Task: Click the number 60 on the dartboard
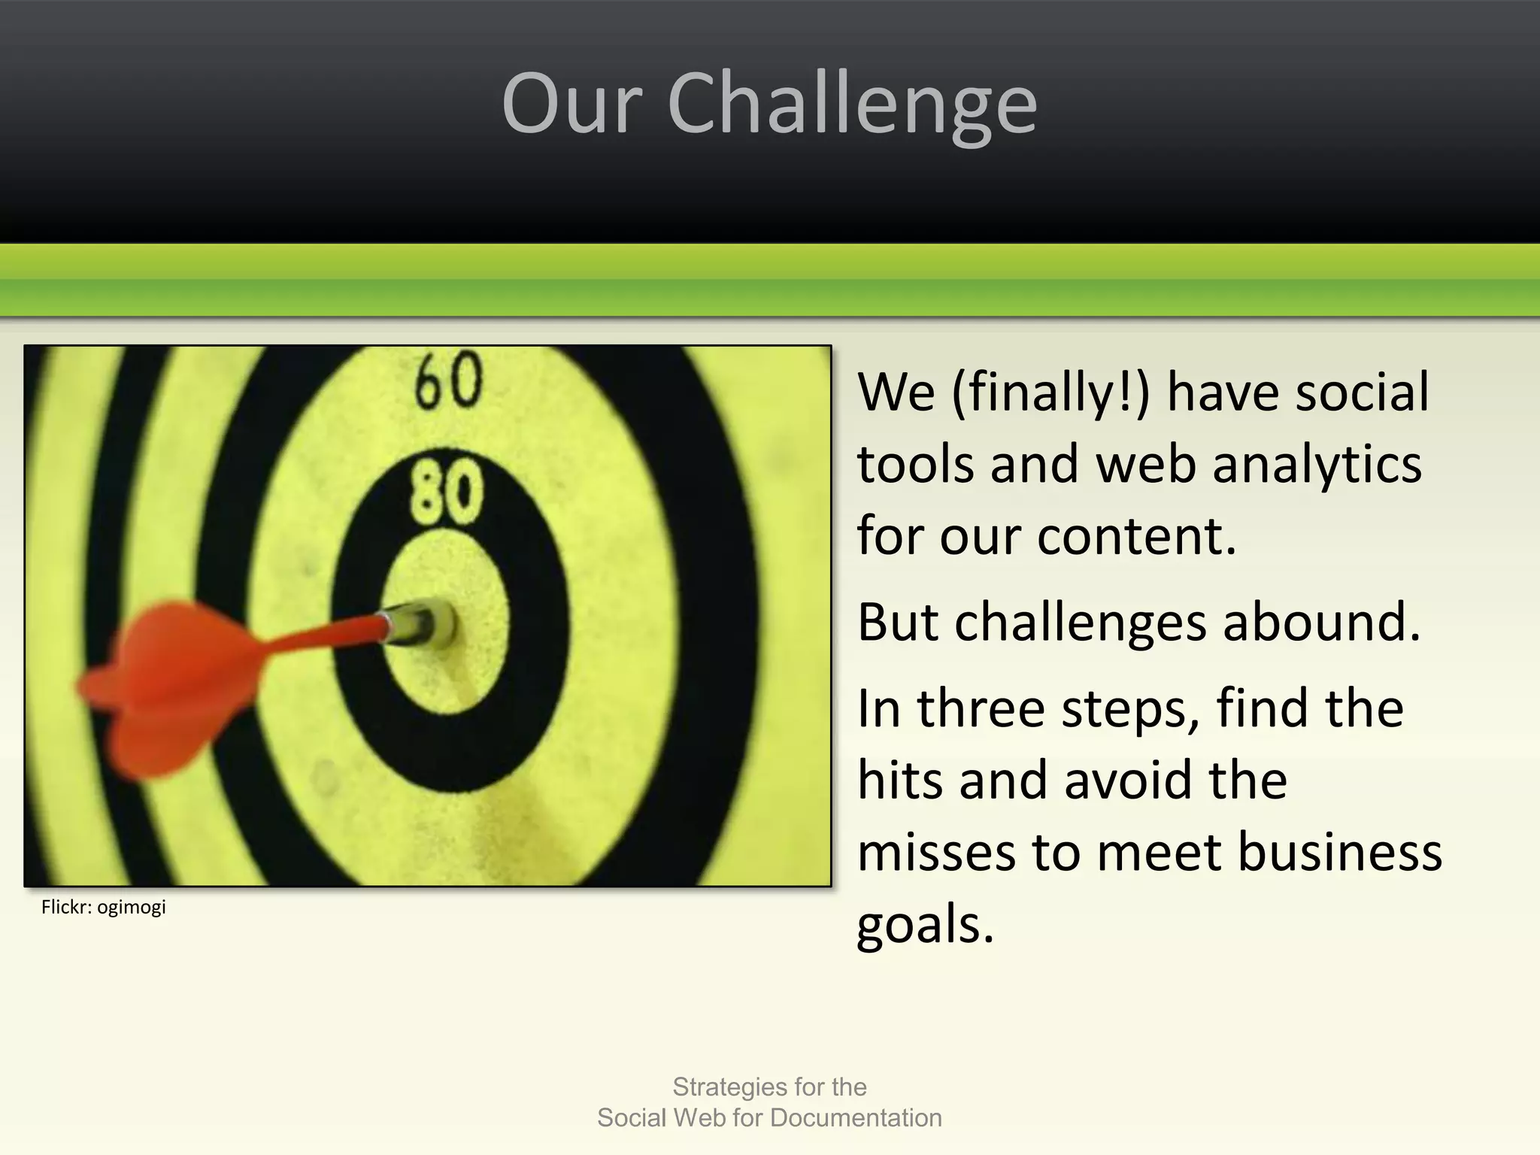pos(449,381)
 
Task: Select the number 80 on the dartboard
pos(446,493)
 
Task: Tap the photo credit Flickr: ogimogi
pos(104,907)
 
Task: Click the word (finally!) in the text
pos(1050,393)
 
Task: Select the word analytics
pos(1317,464)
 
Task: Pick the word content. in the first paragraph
pos(1137,536)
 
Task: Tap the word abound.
pos(1322,623)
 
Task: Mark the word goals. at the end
pos(926,924)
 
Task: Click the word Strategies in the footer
pos(728,1087)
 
